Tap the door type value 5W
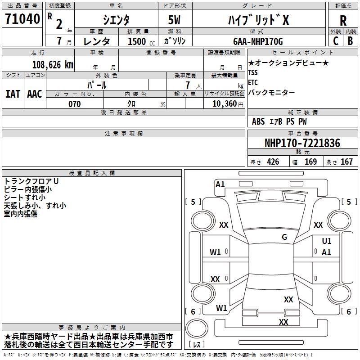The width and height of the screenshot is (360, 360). click(x=175, y=20)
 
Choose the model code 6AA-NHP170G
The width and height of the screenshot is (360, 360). click(x=258, y=41)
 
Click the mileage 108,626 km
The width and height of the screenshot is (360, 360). click(x=52, y=64)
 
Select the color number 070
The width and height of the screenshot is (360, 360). click(x=74, y=104)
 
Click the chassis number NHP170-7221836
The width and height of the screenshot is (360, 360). click(x=302, y=143)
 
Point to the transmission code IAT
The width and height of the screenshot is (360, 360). click(x=13, y=94)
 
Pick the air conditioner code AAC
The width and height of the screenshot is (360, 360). click(x=35, y=94)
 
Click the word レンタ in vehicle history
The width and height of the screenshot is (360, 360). click(x=97, y=41)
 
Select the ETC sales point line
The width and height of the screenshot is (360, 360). click(x=253, y=82)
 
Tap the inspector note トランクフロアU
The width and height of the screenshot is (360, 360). click(x=31, y=181)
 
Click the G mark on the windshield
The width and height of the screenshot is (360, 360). click(x=284, y=237)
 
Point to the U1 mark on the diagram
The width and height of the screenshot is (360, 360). click(x=327, y=241)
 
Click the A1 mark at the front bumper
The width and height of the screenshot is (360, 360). click(x=220, y=184)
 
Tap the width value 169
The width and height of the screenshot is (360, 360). click(x=310, y=162)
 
